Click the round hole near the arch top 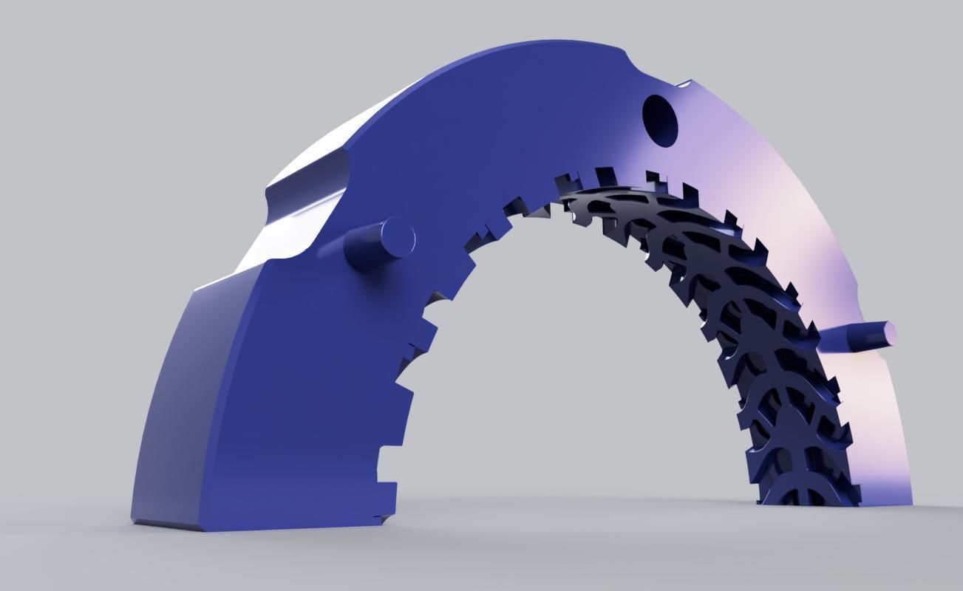[660, 119]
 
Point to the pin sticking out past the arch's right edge [857, 336]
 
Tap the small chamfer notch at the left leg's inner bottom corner [384, 518]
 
